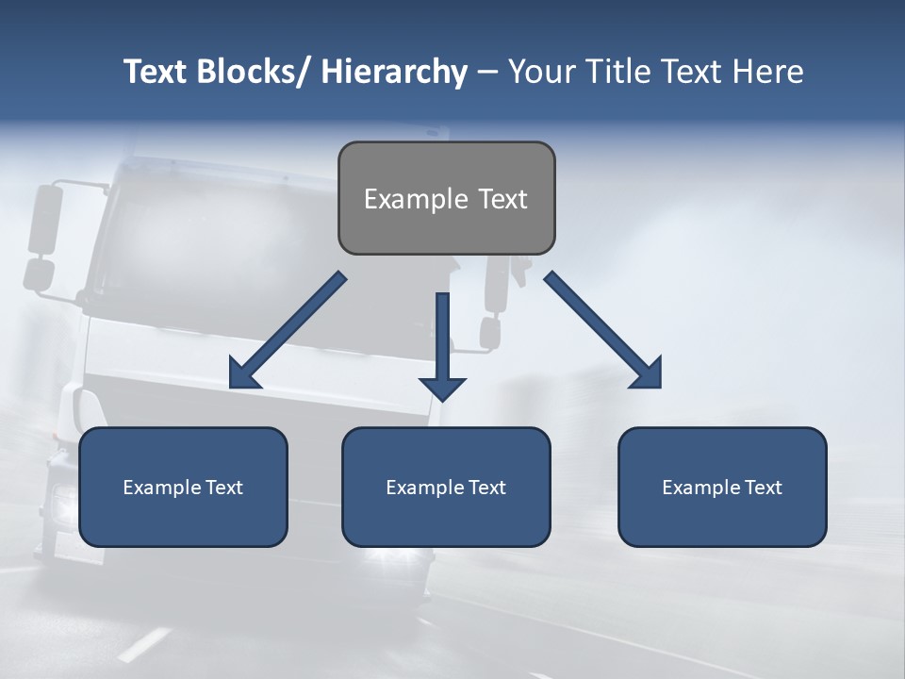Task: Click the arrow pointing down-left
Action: point(288,331)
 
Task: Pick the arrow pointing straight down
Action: point(442,344)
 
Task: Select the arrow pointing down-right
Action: point(603,331)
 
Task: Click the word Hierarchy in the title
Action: point(394,72)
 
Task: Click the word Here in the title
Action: point(767,72)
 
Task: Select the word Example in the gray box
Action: point(416,199)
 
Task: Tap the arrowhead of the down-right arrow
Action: point(649,375)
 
